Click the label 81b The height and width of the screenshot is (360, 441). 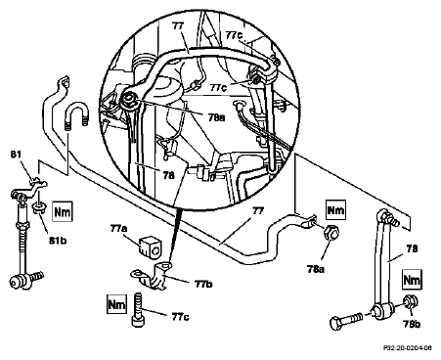58,241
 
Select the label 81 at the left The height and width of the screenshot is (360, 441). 16,154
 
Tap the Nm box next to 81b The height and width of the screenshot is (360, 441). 63,212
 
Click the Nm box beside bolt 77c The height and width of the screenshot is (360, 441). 117,304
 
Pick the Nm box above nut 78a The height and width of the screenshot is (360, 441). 335,210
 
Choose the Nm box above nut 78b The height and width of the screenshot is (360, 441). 412,280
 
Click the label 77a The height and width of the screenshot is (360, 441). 118,229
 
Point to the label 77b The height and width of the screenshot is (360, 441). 203,284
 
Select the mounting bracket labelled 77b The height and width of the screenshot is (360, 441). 153,276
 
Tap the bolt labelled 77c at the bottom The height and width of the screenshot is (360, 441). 137,309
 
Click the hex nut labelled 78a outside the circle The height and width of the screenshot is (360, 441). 331,233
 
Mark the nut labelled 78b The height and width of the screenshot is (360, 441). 411,302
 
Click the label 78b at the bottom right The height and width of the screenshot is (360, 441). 412,324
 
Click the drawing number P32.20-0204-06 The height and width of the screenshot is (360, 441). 407,348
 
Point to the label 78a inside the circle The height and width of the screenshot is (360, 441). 216,117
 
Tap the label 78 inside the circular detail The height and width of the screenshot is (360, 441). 168,175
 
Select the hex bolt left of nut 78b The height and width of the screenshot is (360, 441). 347,320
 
